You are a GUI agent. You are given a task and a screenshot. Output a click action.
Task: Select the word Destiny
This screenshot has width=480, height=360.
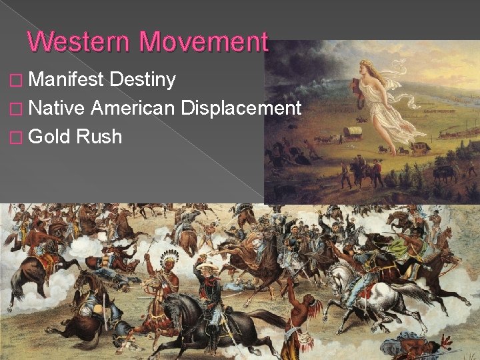[143, 80]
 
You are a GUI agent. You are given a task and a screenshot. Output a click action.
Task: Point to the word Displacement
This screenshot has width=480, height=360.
[242, 108]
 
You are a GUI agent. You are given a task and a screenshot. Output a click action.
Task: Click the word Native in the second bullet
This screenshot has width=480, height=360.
[58, 108]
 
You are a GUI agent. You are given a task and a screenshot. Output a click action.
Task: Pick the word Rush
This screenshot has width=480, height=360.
[99, 137]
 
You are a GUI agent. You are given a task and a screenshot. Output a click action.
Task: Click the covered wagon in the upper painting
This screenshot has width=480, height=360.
[353, 133]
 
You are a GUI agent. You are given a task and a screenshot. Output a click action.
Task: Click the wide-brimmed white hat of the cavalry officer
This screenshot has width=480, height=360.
[207, 265]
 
